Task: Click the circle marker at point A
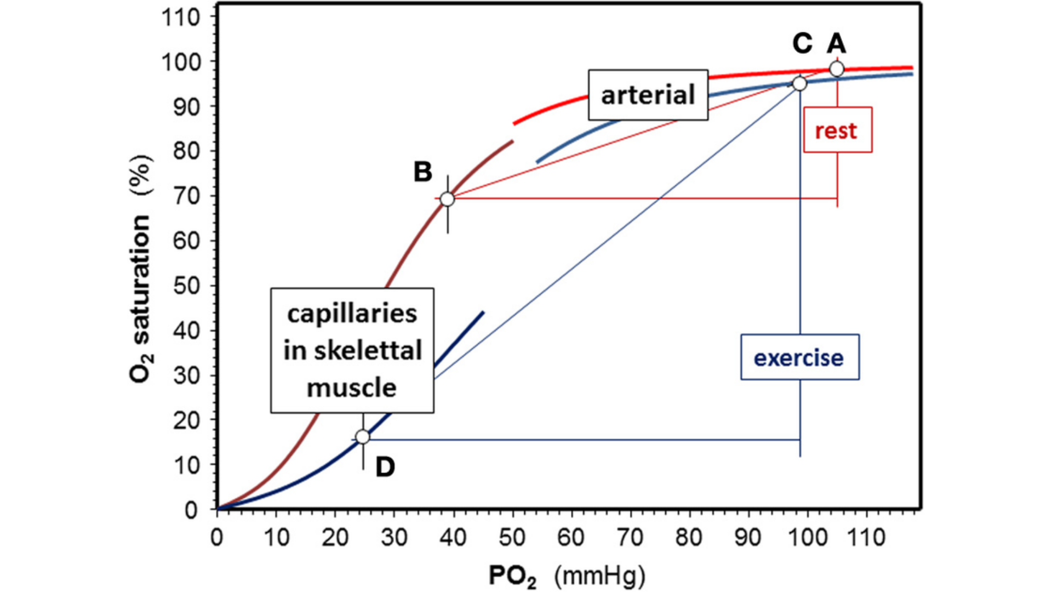pyautogui.click(x=837, y=69)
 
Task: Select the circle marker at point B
pyautogui.click(x=447, y=199)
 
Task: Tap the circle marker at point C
pyautogui.click(x=799, y=84)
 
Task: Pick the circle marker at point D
pyautogui.click(x=362, y=437)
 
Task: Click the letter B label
pyautogui.click(x=422, y=172)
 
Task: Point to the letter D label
pyautogui.click(x=385, y=468)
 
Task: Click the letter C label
pyautogui.click(x=802, y=43)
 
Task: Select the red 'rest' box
pyautogui.click(x=837, y=130)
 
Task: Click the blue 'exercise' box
pyautogui.click(x=799, y=357)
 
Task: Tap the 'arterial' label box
pyautogui.click(x=648, y=95)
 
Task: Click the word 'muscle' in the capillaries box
pyautogui.click(x=352, y=388)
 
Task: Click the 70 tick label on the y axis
pyautogui.click(x=187, y=196)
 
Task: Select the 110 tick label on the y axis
pyautogui.click(x=181, y=18)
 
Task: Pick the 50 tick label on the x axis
pyautogui.click(x=512, y=538)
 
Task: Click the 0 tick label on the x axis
pyautogui.click(x=218, y=538)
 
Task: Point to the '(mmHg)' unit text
pyautogui.click(x=599, y=576)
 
